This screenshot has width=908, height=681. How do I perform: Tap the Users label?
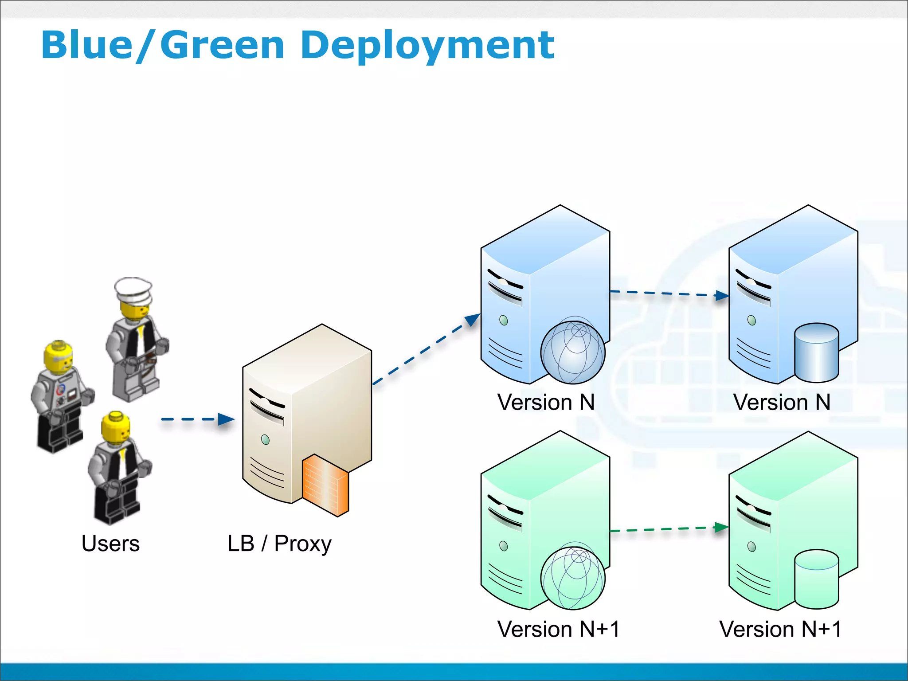tap(110, 544)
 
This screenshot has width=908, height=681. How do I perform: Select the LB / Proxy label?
tap(279, 544)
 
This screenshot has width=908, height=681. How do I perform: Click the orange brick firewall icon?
tap(325, 485)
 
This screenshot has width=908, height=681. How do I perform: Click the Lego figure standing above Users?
tap(118, 468)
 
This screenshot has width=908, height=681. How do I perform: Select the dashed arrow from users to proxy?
tap(197, 419)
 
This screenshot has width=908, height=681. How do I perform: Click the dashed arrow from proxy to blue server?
tap(426, 349)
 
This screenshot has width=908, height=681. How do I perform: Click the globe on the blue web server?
tap(573, 352)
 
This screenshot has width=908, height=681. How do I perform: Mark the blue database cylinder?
tap(816, 353)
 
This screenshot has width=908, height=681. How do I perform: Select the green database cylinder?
tap(816, 579)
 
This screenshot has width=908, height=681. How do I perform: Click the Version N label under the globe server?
tap(546, 403)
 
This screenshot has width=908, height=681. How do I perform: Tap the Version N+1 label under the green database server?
tap(780, 629)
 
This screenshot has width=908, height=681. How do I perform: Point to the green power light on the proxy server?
tap(266, 440)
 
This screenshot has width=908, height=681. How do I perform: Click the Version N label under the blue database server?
tap(782, 403)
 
